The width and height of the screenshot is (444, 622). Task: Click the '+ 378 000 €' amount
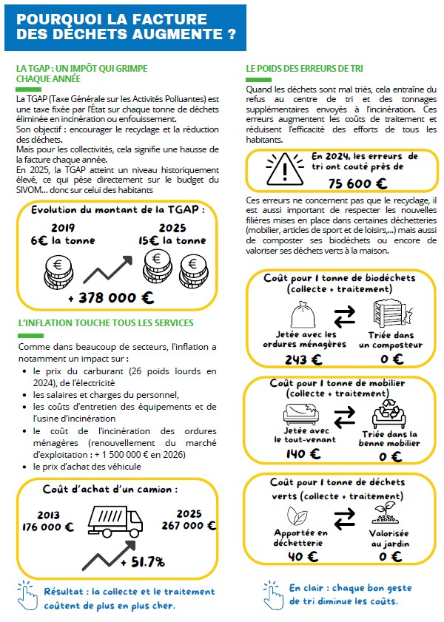pos(111,298)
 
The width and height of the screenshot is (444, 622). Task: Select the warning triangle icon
pos(280,169)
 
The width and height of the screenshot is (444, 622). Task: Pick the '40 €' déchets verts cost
pos(301,556)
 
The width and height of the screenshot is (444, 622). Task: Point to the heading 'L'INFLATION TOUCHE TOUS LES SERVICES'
pos(105,322)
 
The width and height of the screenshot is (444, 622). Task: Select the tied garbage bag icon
pos(300,313)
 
